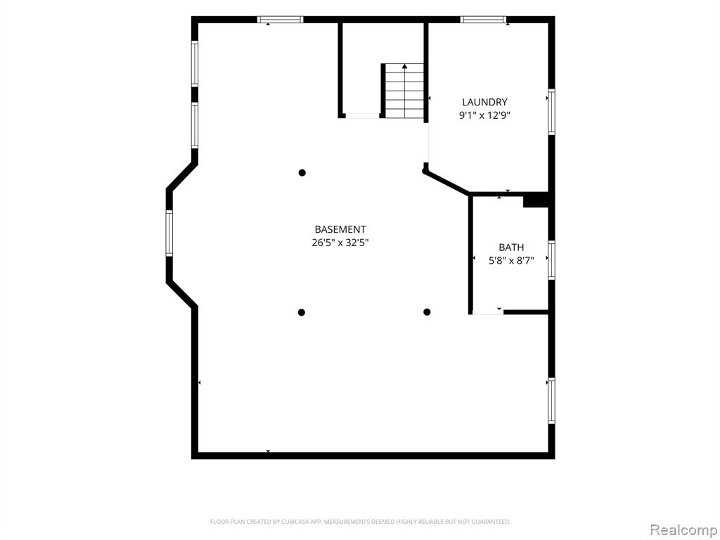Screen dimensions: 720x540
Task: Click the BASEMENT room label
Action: tap(340, 229)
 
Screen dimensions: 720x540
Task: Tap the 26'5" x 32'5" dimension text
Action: tap(340, 243)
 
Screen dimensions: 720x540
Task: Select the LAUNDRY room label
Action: tap(484, 102)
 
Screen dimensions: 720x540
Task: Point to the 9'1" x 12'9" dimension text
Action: tap(484, 115)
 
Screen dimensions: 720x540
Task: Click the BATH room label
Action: tap(511, 247)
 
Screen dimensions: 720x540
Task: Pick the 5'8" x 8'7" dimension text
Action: tap(511, 261)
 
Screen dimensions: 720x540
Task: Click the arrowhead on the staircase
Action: tap(404, 67)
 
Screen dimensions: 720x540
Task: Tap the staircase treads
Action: tap(404, 91)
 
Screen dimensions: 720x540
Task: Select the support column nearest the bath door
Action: tap(427, 312)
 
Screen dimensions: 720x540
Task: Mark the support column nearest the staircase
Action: tap(302, 173)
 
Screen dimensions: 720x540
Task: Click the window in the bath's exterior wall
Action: tap(551, 260)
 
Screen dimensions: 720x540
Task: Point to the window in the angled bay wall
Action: tap(169, 233)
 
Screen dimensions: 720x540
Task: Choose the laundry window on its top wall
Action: tap(483, 19)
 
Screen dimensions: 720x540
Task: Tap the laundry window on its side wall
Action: tap(551, 112)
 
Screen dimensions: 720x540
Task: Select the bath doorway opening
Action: tap(488, 313)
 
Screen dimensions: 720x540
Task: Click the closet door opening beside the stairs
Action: tap(363, 116)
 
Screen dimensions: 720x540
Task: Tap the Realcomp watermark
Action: tap(683, 530)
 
